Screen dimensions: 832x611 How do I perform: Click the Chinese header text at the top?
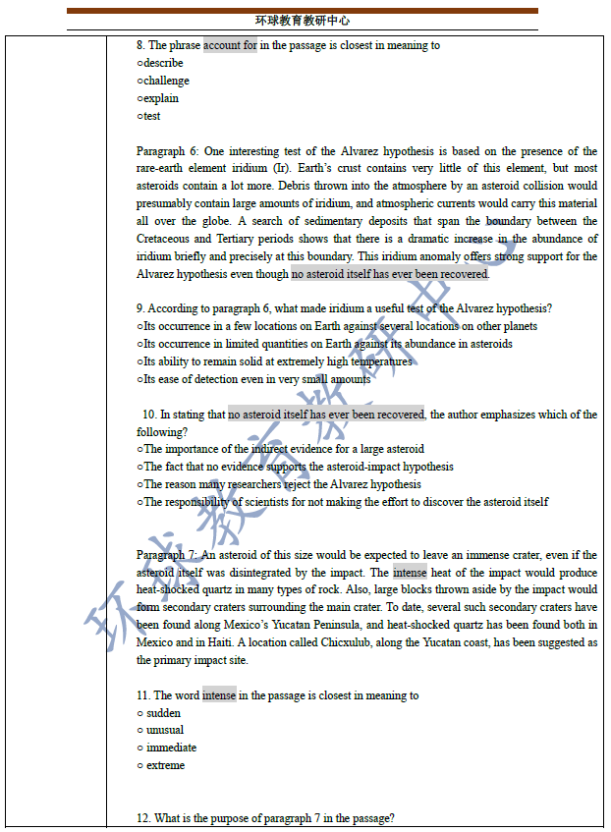(x=303, y=21)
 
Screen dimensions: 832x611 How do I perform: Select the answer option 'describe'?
(x=162, y=63)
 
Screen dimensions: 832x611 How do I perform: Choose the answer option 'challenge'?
(x=165, y=81)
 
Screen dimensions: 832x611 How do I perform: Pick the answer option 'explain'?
(x=160, y=98)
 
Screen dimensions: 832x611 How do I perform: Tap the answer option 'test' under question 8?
(x=150, y=116)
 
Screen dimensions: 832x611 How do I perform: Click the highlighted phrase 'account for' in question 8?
(x=230, y=45)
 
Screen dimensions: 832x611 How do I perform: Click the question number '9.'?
(x=141, y=308)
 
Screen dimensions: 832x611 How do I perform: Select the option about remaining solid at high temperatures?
(x=277, y=361)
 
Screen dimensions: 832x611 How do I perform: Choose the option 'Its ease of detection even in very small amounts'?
(x=255, y=379)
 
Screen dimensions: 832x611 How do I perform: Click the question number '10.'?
(x=150, y=415)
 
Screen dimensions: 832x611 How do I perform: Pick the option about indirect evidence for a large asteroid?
(x=283, y=450)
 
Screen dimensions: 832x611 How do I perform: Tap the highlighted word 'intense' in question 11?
(x=219, y=695)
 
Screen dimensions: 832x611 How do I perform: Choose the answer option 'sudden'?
(x=164, y=713)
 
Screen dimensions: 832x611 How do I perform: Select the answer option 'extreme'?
(x=165, y=765)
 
